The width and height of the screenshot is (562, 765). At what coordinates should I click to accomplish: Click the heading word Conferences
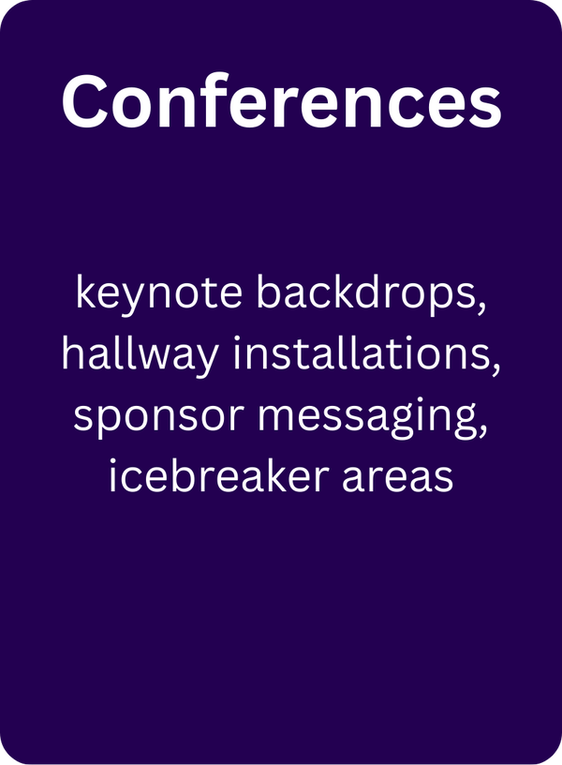(281, 101)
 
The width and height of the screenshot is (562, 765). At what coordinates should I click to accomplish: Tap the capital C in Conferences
(85, 102)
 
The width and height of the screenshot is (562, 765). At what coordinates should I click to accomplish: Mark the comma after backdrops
(481, 308)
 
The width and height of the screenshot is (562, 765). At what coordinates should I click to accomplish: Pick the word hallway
(140, 354)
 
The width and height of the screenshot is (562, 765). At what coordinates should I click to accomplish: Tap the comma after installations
(495, 369)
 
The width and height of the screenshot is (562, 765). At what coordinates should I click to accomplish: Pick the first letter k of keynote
(86, 292)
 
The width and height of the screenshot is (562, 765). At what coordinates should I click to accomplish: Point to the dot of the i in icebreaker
(112, 461)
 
